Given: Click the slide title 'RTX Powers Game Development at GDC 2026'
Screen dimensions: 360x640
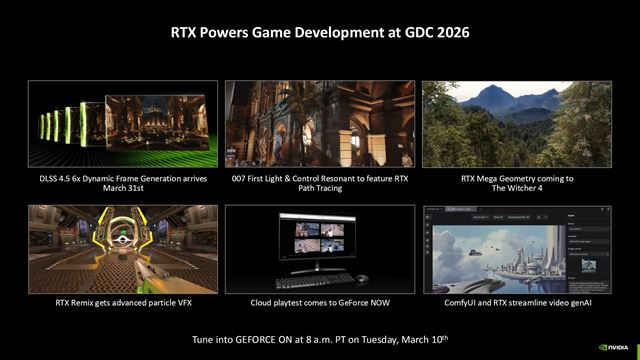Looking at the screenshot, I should (319, 32).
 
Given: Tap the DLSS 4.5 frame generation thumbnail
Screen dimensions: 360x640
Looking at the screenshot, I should (119, 126).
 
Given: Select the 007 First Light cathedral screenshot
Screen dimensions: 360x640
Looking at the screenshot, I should (319, 126).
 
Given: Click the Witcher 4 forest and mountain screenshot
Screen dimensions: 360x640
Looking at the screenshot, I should (518, 126).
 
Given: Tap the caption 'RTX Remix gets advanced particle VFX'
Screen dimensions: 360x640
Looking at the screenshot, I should (119, 301).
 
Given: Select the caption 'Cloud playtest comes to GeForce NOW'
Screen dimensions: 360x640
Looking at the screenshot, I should (319, 301).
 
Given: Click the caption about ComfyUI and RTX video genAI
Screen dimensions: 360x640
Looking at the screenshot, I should (518, 301).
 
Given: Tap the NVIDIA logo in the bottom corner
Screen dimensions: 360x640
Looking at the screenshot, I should (612, 349).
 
